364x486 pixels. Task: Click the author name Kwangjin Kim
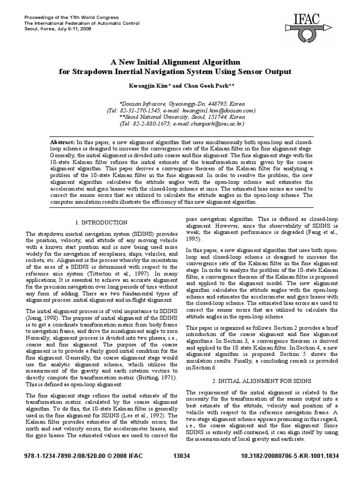(x=141, y=86)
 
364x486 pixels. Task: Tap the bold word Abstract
(x=62, y=142)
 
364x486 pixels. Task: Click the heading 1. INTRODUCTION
(x=101, y=222)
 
